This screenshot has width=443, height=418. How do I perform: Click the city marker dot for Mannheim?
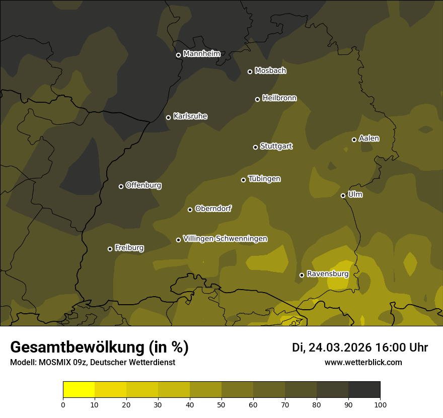click(x=178, y=55)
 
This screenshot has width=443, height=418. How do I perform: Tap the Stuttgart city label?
click(x=276, y=146)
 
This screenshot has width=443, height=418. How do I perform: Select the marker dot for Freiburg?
click(x=110, y=249)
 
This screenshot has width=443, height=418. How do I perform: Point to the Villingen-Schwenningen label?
click(x=225, y=239)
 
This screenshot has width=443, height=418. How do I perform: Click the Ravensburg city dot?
click(x=302, y=275)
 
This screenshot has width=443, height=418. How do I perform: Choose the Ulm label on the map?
click(x=355, y=194)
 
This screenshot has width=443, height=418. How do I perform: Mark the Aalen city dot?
click(x=354, y=140)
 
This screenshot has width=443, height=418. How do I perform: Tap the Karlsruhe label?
click(x=190, y=116)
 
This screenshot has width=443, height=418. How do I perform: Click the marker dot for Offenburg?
click(x=121, y=186)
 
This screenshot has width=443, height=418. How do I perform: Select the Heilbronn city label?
click(x=279, y=98)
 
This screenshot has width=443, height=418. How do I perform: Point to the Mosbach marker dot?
click(x=250, y=72)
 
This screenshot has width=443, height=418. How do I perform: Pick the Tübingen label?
click(x=264, y=179)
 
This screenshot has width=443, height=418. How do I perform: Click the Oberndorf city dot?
click(x=190, y=210)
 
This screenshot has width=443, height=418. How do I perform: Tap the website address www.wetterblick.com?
click(x=363, y=362)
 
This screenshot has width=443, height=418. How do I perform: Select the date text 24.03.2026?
click(x=340, y=347)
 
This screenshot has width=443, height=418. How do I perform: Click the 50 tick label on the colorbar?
click(x=221, y=404)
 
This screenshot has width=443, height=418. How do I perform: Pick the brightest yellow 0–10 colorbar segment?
click(x=79, y=390)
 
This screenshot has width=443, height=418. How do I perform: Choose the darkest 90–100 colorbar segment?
click(x=364, y=390)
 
